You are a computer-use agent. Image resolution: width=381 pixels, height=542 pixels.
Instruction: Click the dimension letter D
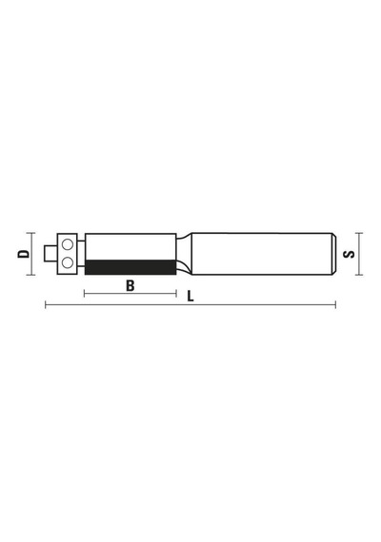[24, 254]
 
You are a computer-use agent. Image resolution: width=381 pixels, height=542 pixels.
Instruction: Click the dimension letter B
[130, 286]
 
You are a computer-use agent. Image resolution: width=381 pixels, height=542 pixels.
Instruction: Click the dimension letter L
[190, 297]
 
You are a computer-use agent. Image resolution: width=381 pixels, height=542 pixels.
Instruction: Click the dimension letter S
[349, 254]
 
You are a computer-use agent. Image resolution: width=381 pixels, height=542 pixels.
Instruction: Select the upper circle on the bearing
[68, 244]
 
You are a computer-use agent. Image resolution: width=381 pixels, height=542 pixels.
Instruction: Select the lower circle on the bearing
[68, 262]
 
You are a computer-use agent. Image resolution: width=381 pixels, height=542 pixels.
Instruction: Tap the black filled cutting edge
[130, 267]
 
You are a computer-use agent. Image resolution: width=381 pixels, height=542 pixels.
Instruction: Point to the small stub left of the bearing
[50, 254]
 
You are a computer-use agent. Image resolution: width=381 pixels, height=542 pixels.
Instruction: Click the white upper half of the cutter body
[130, 247]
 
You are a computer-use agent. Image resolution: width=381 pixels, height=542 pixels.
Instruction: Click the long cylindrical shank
[263, 254]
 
